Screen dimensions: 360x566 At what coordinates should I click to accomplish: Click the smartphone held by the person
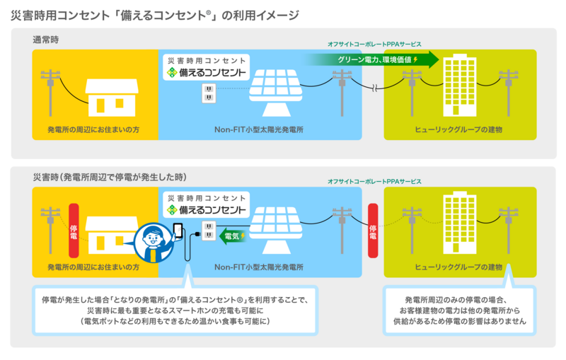[178, 231]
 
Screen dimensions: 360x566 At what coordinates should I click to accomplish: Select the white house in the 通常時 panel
[112, 96]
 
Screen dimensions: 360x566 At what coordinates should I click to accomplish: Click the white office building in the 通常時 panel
[460, 86]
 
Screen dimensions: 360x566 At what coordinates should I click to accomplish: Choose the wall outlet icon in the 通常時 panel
[209, 93]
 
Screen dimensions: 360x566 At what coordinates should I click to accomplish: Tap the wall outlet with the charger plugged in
[209, 229]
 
